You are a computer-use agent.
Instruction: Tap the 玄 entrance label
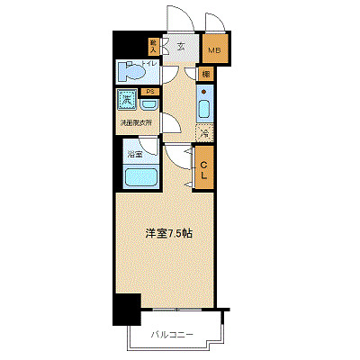(x=181, y=47)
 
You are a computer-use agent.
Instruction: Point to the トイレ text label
(x=154, y=64)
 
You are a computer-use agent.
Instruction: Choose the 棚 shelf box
(x=207, y=74)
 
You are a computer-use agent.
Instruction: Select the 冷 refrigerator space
(x=204, y=133)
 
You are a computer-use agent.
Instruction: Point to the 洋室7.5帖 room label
(x=168, y=233)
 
